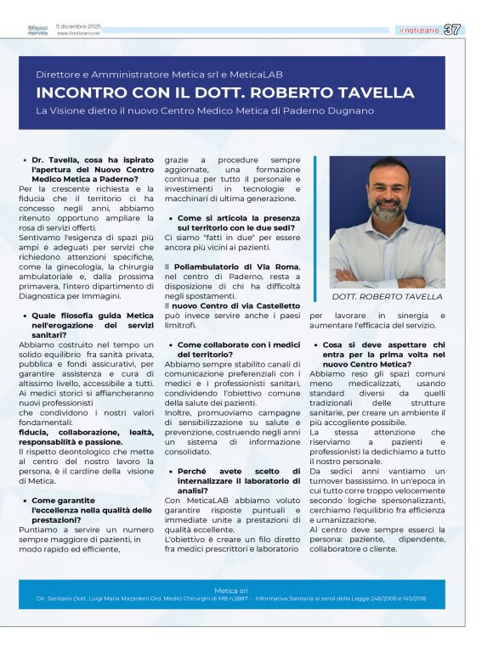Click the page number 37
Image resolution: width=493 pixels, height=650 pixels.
tap(453, 30)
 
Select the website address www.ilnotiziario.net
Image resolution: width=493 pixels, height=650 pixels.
tap(78, 34)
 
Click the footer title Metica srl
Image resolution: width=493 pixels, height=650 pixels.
tap(231, 590)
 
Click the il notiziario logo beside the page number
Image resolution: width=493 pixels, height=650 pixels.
tap(419, 31)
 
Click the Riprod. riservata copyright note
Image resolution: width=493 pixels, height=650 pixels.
tap(37, 31)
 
